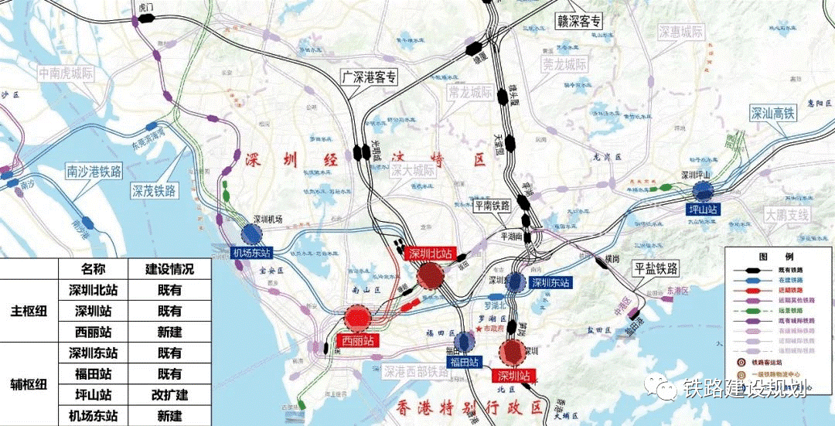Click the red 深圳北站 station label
(x=431, y=254)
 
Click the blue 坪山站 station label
(x=703, y=210)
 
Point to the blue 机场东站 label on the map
(x=252, y=252)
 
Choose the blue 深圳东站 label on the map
(x=550, y=283)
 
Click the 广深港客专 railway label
(x=370, y=77)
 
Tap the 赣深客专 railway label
(x=579, y=21)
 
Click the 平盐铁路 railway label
(x=656, y=268)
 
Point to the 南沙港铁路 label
(x=94, y=171)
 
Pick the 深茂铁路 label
(x=153, y=190)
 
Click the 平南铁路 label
(x=492, y=206)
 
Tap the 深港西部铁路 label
(x=416, y=372)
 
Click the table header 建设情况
(x=169, y=269)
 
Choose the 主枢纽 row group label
(x=29, y=311)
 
